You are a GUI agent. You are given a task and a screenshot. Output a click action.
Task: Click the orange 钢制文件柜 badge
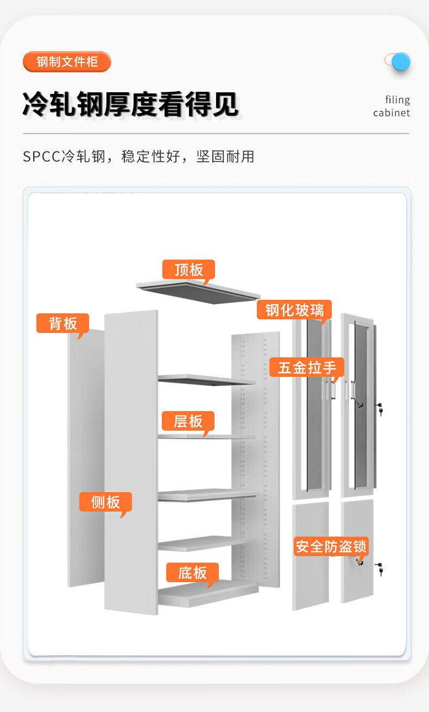pos(67,62)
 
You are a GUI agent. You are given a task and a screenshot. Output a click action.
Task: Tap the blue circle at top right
pos(401,61)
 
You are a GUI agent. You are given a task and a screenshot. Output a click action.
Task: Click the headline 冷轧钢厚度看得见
pos(131,104)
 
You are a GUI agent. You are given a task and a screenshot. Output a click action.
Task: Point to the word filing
pos(398,100)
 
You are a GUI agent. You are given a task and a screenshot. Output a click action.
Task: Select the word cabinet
pos(391,113)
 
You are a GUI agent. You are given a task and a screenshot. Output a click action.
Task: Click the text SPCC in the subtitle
pos(42,157)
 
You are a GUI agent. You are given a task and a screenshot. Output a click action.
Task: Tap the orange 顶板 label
pos(188,269)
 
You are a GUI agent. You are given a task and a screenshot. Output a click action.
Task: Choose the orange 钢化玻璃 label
pos(294,310)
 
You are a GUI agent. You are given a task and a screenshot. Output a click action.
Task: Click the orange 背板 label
pos(62,323)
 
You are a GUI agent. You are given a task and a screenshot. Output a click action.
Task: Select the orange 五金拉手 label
pos(307,367)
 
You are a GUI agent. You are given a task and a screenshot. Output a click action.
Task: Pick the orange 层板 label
pos(188,421)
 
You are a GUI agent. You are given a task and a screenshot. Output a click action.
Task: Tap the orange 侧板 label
pos(105,502)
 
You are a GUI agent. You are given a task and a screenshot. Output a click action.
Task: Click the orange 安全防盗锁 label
pos(331,546)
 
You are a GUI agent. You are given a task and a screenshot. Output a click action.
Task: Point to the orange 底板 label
pos(192,572)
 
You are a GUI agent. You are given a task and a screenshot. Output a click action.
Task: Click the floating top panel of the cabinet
pos(199,292)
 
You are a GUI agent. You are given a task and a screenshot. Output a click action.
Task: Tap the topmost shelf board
pos(206,380)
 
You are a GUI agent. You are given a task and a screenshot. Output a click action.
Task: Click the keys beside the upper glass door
pos(380,408)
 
